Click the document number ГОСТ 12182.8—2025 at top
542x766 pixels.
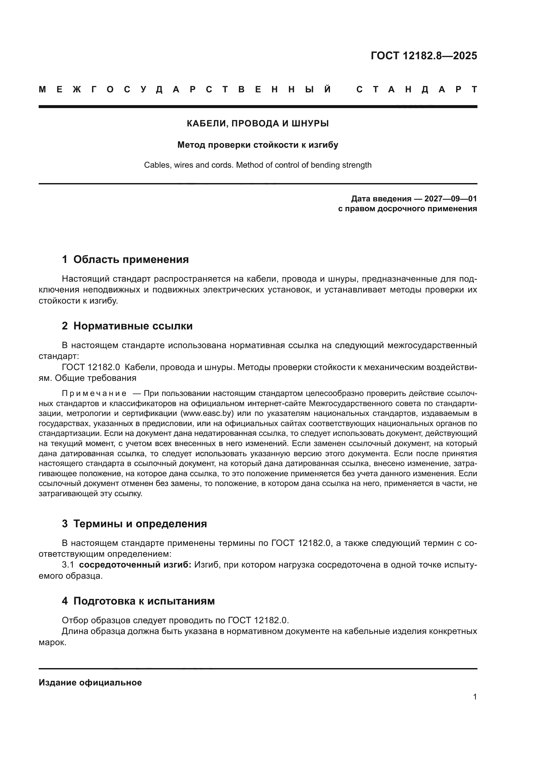[x=423, y=56]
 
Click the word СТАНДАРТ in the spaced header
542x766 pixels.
[x=416, y=89]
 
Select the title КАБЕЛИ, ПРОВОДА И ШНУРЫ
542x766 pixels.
[x=258, y=123]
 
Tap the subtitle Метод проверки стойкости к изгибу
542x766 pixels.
[x=258, y=145]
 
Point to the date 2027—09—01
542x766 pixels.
[x=451, y=199]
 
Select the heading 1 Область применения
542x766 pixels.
[x=125, y=259]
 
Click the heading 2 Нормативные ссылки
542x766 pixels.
[x=127, y=326]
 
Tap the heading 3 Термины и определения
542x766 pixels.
[x=134, y=523]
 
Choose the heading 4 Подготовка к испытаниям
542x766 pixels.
[x=138, y=601]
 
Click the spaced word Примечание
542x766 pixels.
[x=94, y=393]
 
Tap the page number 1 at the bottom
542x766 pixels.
[x=474, y=697]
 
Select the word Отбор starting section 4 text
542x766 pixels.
[x=75, y=620]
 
